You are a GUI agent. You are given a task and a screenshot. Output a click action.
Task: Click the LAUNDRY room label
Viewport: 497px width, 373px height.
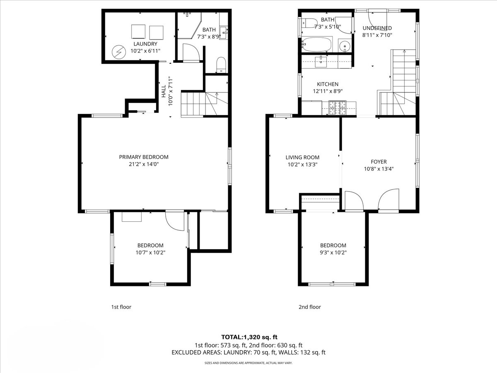[145, 44]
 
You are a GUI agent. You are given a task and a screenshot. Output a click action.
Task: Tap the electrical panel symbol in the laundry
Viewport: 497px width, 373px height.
[118, 52]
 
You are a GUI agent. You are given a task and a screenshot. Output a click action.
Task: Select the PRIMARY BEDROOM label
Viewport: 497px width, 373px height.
[144, 157]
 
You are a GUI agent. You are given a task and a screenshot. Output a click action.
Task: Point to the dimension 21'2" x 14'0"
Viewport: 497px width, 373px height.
[144, 164]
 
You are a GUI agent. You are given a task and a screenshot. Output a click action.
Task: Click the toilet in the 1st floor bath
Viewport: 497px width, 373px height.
[221, 65]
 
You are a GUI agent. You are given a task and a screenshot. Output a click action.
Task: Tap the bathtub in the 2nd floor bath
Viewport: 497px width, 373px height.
[316, 44]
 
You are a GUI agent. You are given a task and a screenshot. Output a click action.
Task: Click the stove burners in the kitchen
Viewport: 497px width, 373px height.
[338, 108]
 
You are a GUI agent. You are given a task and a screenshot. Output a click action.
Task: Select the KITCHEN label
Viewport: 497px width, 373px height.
[328, 84]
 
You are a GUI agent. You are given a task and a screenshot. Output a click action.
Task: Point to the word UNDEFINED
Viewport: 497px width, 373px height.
[377, 28]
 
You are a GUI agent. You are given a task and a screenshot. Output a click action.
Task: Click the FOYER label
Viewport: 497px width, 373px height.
[379, 162]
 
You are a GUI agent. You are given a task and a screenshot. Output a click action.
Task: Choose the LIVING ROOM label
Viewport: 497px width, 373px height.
[302, 157]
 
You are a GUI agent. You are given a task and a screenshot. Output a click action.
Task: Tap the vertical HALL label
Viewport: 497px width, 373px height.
[164, 91]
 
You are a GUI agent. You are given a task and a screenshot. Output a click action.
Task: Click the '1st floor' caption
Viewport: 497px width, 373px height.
[121, 307]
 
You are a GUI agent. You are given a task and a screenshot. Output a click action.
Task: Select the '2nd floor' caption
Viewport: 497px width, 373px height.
[309, 307]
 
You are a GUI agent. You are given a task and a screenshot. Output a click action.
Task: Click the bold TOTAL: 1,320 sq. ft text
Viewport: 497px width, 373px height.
[249, 337]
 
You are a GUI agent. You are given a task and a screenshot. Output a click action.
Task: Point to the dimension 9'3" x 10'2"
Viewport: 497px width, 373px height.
[333, 252]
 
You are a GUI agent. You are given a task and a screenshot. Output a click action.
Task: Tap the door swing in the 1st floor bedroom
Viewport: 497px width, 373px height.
[175, 220]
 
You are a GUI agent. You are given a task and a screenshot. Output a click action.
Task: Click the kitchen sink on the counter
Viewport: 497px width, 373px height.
[321, 62]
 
